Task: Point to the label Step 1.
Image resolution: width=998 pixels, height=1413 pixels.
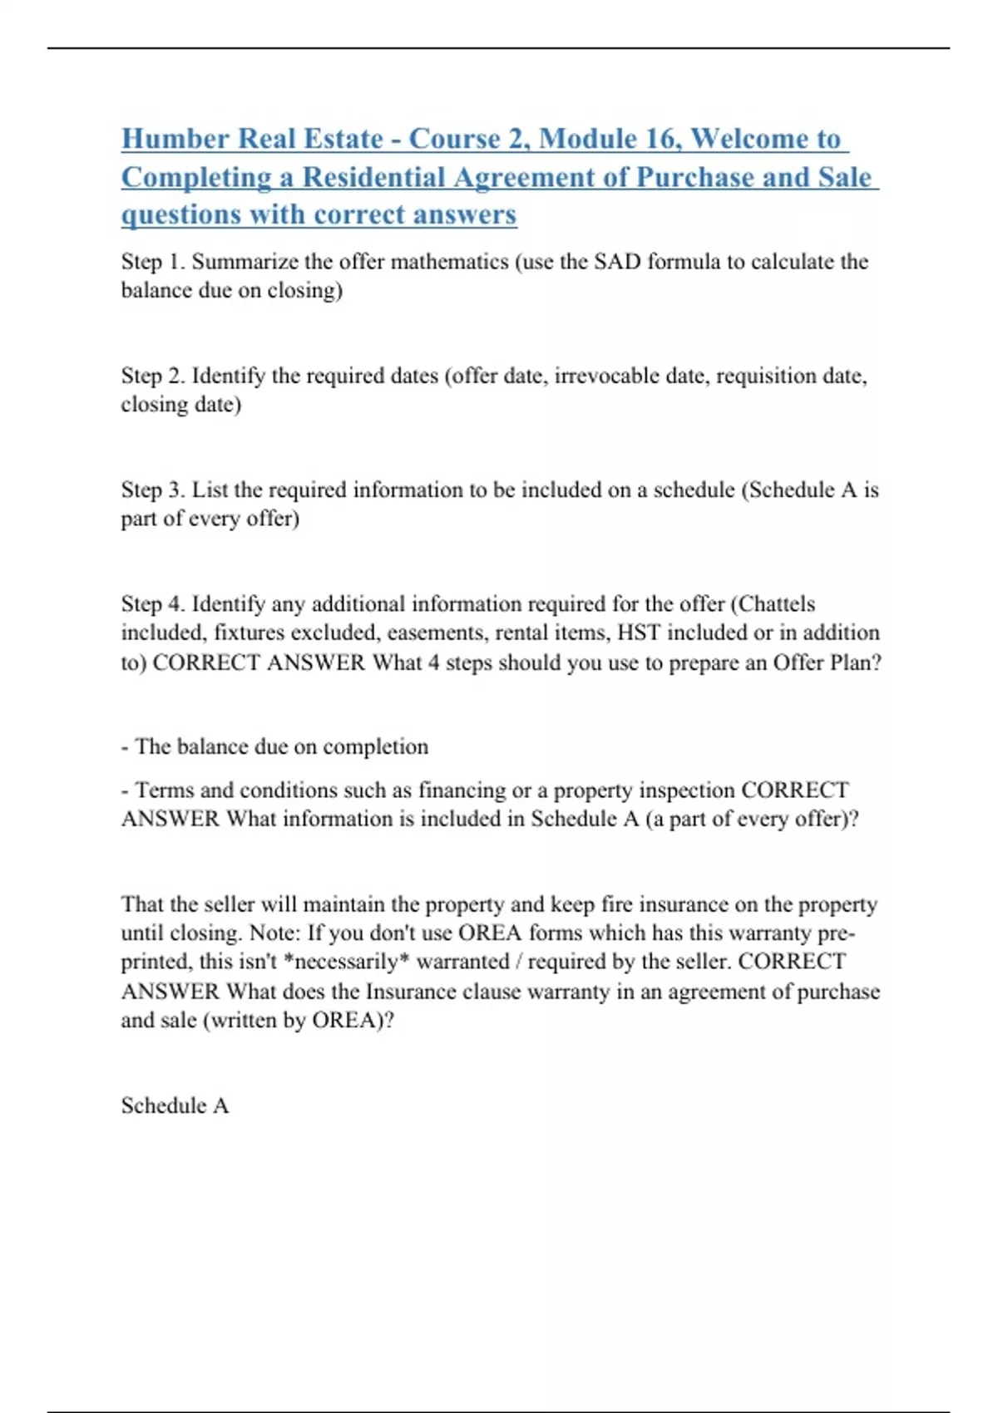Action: click(153, 262)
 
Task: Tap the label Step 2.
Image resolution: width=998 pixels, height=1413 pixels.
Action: click(153, 376)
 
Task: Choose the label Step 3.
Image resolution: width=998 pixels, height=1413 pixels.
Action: click(153, 490)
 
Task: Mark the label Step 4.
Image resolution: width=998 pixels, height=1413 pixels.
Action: click(153, 603)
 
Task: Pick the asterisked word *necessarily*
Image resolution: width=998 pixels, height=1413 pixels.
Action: click(346, 962)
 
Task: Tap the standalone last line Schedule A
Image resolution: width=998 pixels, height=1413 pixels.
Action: click(175, 1105)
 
